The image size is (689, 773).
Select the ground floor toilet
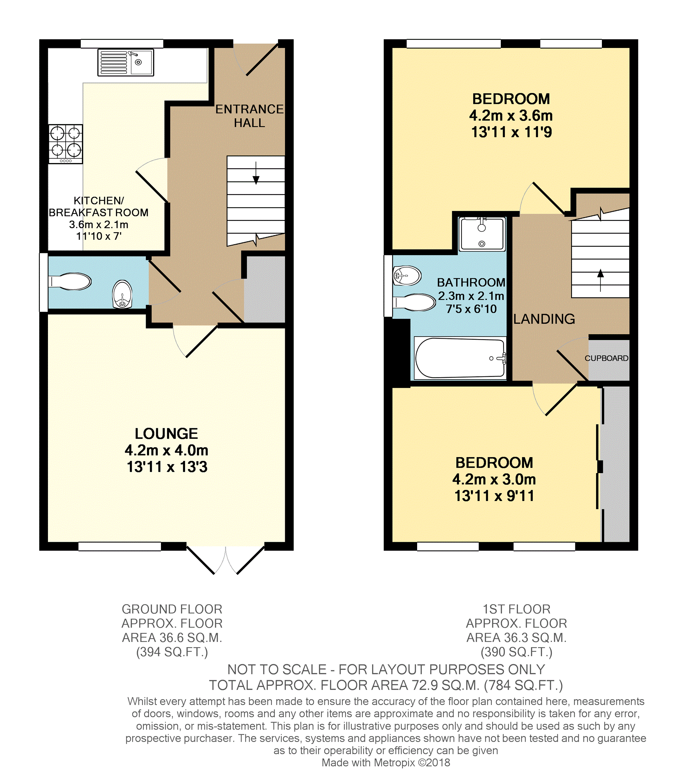point(70,281)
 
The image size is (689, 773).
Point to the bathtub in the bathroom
point(460,358)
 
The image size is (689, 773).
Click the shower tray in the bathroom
point(482,234)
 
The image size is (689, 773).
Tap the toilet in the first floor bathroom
point(414,302)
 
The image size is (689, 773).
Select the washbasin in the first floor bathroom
point(407,276)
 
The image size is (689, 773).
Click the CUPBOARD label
point(606,358)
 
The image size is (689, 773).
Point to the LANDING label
point(544,319)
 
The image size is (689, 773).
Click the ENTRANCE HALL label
point(249,116)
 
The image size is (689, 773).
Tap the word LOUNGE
point(167,434)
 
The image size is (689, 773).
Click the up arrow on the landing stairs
point(601,280)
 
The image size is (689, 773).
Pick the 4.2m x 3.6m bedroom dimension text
point(511,115)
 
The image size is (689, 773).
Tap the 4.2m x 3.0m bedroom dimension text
point(494,480)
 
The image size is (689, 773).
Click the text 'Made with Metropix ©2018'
point(386,762)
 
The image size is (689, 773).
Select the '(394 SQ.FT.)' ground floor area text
point(172,652)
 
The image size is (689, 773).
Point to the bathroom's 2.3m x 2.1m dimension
point(471,296)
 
